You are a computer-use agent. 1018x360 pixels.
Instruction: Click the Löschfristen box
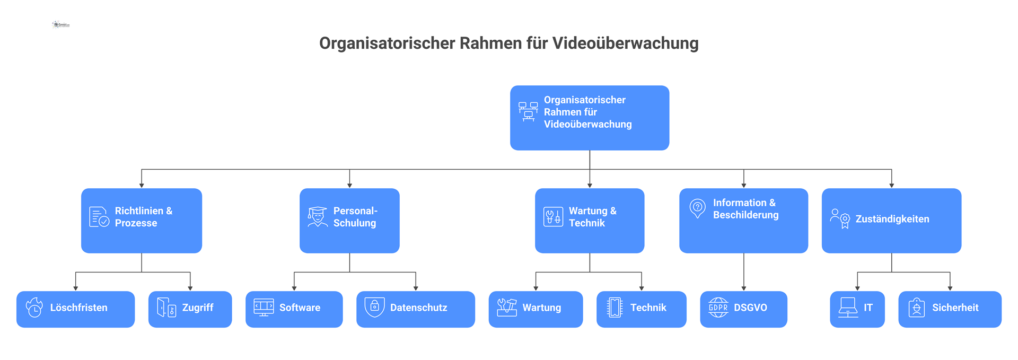(75, 309)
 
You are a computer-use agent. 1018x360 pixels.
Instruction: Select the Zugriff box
(190, 309)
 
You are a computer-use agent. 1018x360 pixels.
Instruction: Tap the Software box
(294, 309)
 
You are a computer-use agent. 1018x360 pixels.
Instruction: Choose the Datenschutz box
(415, 309)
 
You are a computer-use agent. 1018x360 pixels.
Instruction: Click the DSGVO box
(743, 309)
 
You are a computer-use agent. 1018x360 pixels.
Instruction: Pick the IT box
(857, 309)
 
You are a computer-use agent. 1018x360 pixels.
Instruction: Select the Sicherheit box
(950, 309)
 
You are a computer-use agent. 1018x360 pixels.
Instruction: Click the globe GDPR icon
(718, 308)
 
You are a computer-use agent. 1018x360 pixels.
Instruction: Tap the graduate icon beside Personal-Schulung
(318, 217)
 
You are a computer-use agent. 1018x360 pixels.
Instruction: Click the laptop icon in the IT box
(848, 308)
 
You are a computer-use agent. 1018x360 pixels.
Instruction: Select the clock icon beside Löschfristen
(34, 308)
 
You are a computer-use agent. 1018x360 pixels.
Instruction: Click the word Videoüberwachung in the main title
(625, 43)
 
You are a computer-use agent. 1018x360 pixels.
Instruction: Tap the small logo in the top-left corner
(61, 24)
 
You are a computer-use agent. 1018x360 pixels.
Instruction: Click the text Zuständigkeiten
(892, 219)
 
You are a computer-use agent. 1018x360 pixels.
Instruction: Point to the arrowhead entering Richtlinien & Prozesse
(142, 185)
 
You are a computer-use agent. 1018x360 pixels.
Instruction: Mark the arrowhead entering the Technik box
(642, 288)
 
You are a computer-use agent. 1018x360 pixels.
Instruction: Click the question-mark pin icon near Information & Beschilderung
(697, 208)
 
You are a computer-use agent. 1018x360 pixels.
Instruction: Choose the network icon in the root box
(528, 111)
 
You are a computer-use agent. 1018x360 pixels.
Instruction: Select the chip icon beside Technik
(615, 308)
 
